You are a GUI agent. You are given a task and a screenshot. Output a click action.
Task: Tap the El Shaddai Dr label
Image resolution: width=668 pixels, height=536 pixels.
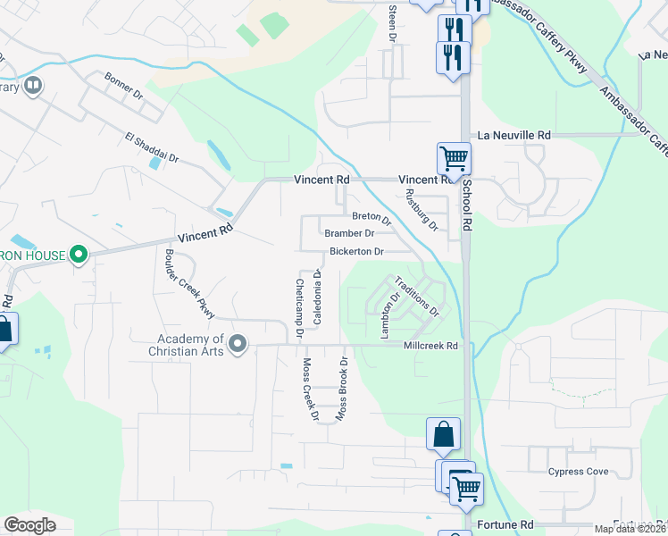[152, 148]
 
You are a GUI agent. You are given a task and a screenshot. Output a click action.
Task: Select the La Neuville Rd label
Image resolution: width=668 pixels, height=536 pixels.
[514, 135]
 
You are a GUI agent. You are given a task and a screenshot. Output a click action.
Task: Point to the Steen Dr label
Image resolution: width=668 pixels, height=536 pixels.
[391, 22]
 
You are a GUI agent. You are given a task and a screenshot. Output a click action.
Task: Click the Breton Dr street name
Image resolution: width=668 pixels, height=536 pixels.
[372, 216]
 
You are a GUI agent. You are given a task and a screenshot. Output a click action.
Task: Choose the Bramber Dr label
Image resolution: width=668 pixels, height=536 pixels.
[348, 233]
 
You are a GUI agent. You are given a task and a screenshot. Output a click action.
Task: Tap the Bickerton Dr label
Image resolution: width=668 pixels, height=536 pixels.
[356, 251]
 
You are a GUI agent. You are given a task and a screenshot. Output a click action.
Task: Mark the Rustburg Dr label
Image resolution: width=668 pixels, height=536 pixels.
[422, 210]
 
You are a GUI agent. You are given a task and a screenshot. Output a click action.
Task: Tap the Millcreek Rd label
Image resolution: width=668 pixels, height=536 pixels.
[430, 346]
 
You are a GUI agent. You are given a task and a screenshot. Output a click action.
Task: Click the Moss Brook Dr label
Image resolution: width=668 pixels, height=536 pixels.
[340, 389]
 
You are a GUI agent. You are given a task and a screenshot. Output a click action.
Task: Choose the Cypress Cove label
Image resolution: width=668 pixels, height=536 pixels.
[578, 472]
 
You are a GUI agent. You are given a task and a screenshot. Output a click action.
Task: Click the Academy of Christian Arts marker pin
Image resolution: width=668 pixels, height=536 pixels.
[237, 344]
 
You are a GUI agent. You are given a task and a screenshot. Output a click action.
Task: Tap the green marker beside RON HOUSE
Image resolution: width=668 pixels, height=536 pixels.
[79, 255]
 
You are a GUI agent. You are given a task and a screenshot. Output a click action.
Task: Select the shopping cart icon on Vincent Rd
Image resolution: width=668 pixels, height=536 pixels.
[454, 159]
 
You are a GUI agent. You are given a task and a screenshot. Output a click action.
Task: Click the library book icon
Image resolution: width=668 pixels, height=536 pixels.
[33, 86]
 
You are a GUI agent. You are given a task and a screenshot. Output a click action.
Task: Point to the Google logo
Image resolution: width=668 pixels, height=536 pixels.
[29, 524]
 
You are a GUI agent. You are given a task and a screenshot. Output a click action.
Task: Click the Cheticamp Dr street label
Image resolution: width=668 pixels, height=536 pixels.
[300, 306]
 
